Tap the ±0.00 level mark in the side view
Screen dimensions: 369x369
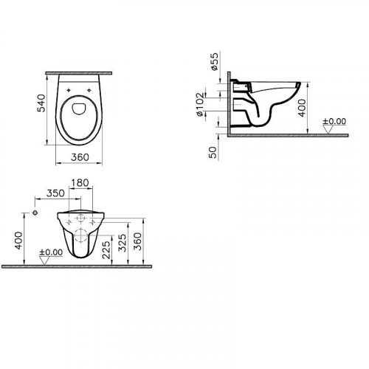[335, 123]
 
